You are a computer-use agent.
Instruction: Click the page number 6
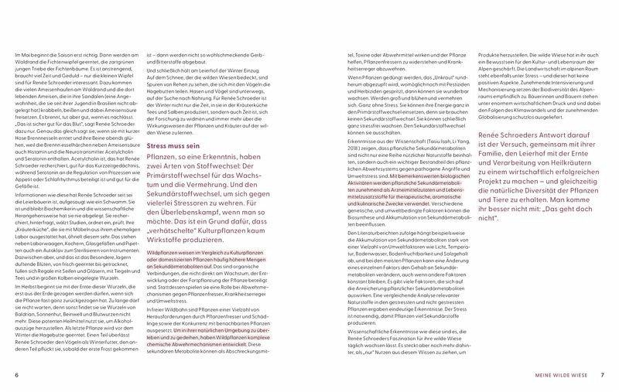pyautogui.click(x=16, y=376)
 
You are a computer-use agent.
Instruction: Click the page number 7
pyautogui.click(x=602, y=376)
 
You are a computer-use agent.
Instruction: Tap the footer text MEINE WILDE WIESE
pyautogui.click(x=558, y=376)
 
